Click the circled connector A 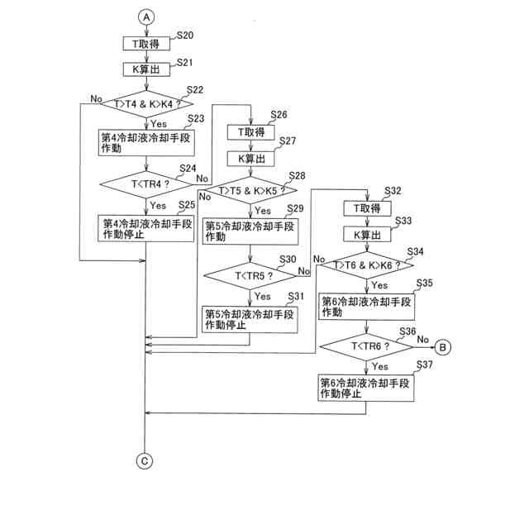[146, 17]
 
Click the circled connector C [145, 461]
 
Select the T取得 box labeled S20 [146, 44]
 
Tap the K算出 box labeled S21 [146, 69]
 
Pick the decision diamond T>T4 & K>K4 [146, 104]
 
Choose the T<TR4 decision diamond [146, 184]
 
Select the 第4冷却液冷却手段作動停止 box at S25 [146, 228]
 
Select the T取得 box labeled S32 [366, 208]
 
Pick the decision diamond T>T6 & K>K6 [366, 266]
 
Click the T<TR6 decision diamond [366, 346]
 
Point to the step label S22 [196, 89]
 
